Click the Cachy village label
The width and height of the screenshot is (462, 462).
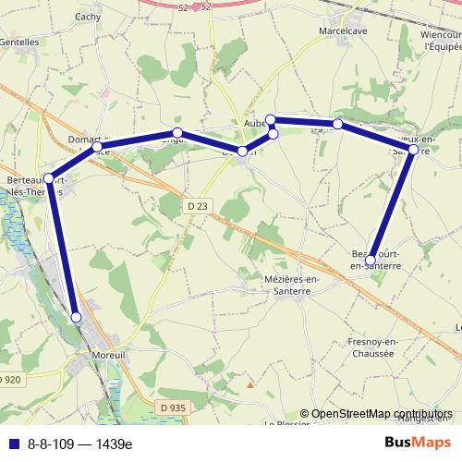(88, 17)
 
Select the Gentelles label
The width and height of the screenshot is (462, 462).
(19, 42)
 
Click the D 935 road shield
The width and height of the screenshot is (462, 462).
(172, 407)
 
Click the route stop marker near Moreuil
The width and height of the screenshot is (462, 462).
(77, 318)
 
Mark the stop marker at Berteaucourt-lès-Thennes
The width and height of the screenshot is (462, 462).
(48, 178)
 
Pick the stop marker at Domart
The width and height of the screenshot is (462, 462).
(97, 147)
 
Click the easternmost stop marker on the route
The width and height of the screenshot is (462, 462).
(413, 150)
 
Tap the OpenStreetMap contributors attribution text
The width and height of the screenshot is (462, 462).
(381, 414)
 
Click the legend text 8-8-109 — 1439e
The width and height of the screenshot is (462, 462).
(79, 444)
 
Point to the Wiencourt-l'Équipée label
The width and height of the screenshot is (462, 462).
(441, 41)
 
